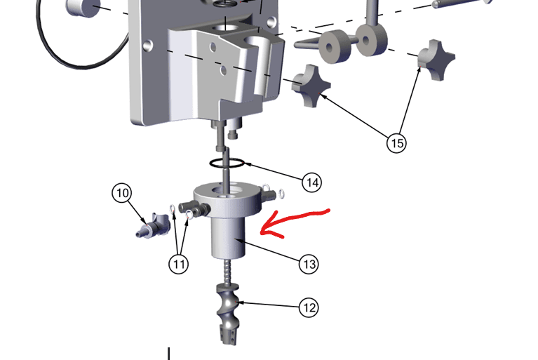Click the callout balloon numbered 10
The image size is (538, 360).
[x=122, y=193]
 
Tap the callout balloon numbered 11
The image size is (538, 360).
[x=179, y=264]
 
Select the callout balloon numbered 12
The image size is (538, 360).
[x=309, y=307]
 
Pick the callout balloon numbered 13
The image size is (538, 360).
[x=309, y=264]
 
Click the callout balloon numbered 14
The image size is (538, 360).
[x=312, y=182]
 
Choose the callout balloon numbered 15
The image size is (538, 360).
[x=396, y=142]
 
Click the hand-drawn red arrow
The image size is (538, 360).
[x=295, y=223]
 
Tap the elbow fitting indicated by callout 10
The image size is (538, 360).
[x=153, y=226]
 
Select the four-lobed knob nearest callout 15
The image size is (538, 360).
[x=311, y=86]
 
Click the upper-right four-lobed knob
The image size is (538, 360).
[x=437, y=60]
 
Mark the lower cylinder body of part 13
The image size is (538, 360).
[x=228, y=237]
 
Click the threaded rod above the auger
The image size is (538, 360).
[x=227, y=271]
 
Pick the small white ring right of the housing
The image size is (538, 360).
[x=282, y=194]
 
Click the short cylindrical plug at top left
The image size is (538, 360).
[x=83, y=8]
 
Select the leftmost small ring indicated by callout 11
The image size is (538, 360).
[x=173, y=208]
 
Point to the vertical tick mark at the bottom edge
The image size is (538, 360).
[x=169, y=354]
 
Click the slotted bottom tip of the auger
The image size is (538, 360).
[x=228, y=337]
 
